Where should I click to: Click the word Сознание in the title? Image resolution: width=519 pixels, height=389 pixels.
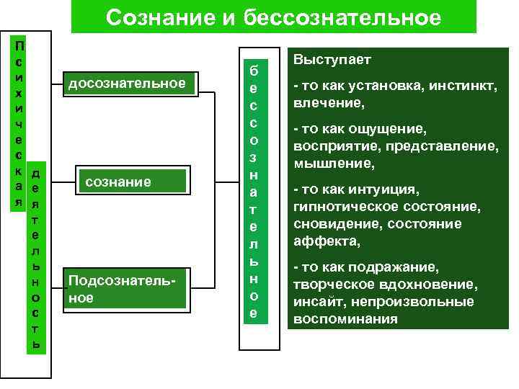(x=155, y=17)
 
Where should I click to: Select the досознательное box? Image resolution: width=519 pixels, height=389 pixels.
(x=127, y=85)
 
